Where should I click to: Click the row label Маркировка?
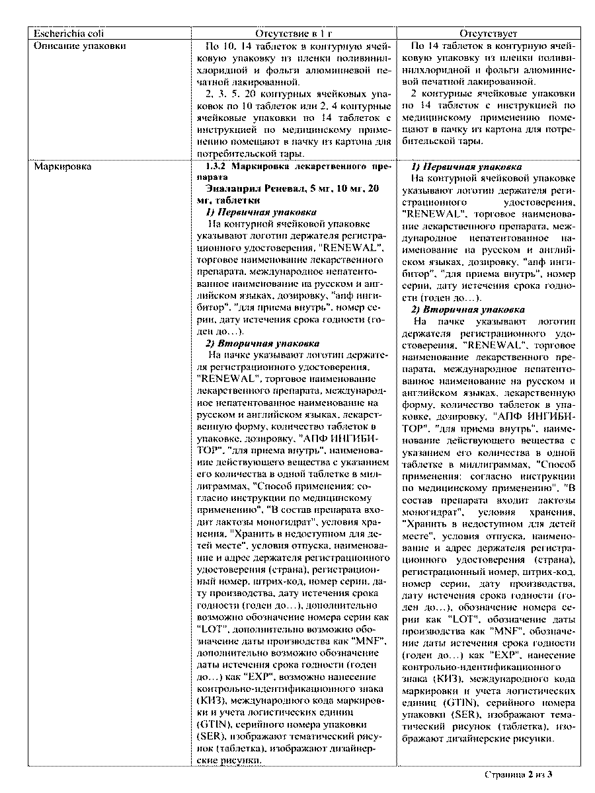click(x=62, y=167)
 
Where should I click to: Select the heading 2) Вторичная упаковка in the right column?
click(x=468, y=309)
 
